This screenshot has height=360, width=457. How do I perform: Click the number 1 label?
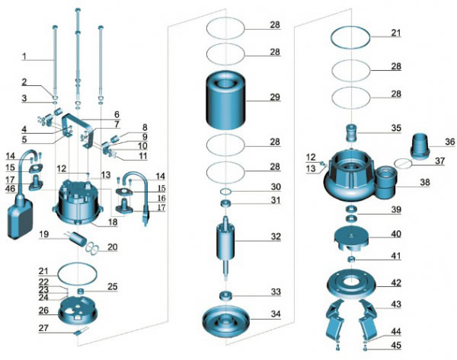click(x=24, y=56)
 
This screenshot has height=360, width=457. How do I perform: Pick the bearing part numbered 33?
click(x=225, y=295)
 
